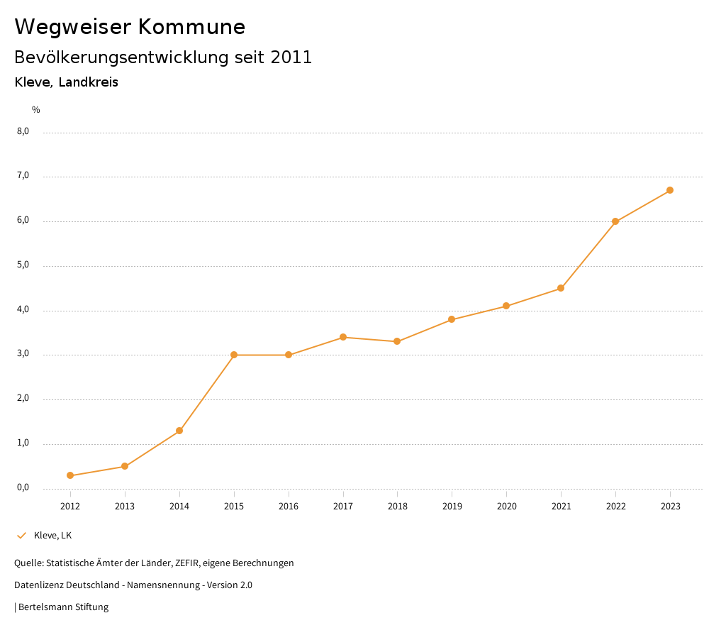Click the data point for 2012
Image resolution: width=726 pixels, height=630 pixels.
pyautogui.click(x=70, y=475)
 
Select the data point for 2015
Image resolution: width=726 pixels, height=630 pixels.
pyautogui.click(x=234, y=355)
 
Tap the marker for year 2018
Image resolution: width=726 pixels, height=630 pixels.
pyautogui.click(x=397, y=341)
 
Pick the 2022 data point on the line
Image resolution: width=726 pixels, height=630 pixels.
pyautogui.click(x=615, y=221)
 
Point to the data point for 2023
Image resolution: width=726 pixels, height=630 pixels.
pyautogui.click(x=670, y=190)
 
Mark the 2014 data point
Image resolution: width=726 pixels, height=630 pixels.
pyautogui.click(x=179, y=431)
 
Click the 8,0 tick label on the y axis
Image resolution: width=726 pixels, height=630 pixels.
pyautogui.click(x=23, y=131)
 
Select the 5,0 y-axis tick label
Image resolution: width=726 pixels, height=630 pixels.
pyautogui.click(x=23, y=265)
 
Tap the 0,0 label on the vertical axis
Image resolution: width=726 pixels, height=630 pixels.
pyautogui.click(x=23, y=488)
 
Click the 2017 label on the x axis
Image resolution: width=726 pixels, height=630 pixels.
pyautogui.click(x=343, y=506)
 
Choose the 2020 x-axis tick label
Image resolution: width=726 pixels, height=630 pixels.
pyautogui.click(x=506, y=506)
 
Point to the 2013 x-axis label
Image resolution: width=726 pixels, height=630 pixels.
pyautogui.click(x=125, y=506)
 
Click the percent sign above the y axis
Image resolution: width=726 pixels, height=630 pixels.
pyautogui.click(x=36, y=109)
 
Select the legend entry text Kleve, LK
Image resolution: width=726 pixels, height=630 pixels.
pyautogui.click(x=52, y=535)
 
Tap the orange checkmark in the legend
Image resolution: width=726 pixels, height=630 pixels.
pyautogui.click(x=21, y=535)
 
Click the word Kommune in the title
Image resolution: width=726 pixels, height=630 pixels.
pyautogui.click(x=191, y=27)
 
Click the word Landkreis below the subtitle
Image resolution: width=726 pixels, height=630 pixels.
pyautogui.click(x=88, y=82)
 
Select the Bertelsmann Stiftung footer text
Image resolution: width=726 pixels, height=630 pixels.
pyautogui.click(x=63, y=607)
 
